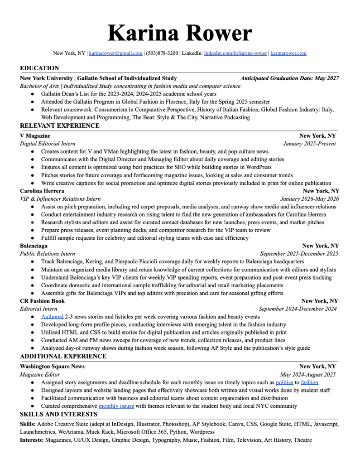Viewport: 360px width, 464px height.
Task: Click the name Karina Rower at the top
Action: click(x=180, y=34)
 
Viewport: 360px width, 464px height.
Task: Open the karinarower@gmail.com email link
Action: click(x=115, y=53)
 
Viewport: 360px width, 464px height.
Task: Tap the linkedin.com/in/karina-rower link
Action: click(x=235, y=53)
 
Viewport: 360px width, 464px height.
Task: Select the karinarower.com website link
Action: click(x=288, y=53)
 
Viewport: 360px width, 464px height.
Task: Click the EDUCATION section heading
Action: click(x=39, y=68)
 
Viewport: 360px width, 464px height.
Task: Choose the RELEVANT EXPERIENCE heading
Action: click(x=60, y=126)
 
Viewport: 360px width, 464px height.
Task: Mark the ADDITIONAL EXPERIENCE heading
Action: click(x=63, y=356)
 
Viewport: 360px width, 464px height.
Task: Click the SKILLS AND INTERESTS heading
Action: click(x=58, y=414)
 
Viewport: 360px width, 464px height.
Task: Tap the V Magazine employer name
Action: click(x=35, y=136)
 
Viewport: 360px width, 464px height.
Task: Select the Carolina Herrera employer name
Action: click(x=42, y=191)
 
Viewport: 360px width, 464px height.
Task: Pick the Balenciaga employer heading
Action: click(x=34, y=246)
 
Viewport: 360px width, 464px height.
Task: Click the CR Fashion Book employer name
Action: click(x=42, y=301)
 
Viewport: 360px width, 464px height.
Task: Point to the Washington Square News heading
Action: click(x=52, y=366)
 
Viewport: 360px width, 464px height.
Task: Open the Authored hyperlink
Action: click(x=52, y=317)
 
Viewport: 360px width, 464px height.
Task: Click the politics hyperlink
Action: click(x=284, y=382)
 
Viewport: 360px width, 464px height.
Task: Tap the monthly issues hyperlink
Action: click(x=116, y=406)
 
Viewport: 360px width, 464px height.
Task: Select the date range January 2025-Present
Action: click(x=309, y=144)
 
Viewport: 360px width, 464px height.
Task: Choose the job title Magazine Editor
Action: click(x=40, y=375)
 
